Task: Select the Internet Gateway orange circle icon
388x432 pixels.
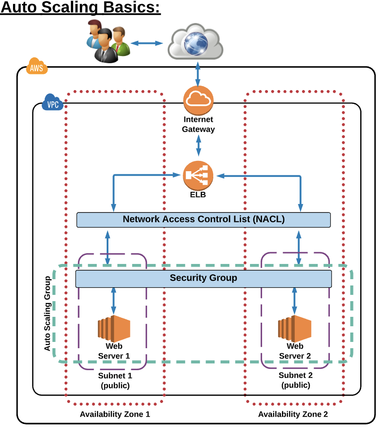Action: pyautogui.click(x=198, y=100)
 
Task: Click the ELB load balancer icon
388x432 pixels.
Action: pyautogui.click(x=198, y=176)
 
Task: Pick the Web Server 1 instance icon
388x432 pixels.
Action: pyautogui.click(x=114, y=328)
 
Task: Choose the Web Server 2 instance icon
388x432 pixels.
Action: pyautogui.click(x=294, y=328)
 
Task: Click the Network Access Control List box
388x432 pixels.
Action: pyautogui.click(x=203, y=220)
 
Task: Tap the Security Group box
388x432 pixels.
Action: pyautogui.click(x=203, y=278)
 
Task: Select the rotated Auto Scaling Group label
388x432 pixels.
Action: pyautogui.click(x=47, y=313)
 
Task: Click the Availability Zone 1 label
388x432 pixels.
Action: pyautogui.click(x=115, y=414)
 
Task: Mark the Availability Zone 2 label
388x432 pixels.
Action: pyautogui.click(x=293, y=414)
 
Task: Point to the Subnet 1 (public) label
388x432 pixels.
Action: pyautogui.click(x=115, y=380)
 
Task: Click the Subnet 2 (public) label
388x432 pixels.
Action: pyautogui.click(x=295, y=380)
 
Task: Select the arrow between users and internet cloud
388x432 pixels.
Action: pyautogui.click(x=147, y=43)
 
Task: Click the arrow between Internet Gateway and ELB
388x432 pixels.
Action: pyautogui.click(x=198, y=146)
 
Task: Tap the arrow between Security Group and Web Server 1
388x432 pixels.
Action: pyautogui.click(x=113, y=300)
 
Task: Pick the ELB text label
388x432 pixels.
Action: pyautogui.click(x=198, y=195)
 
